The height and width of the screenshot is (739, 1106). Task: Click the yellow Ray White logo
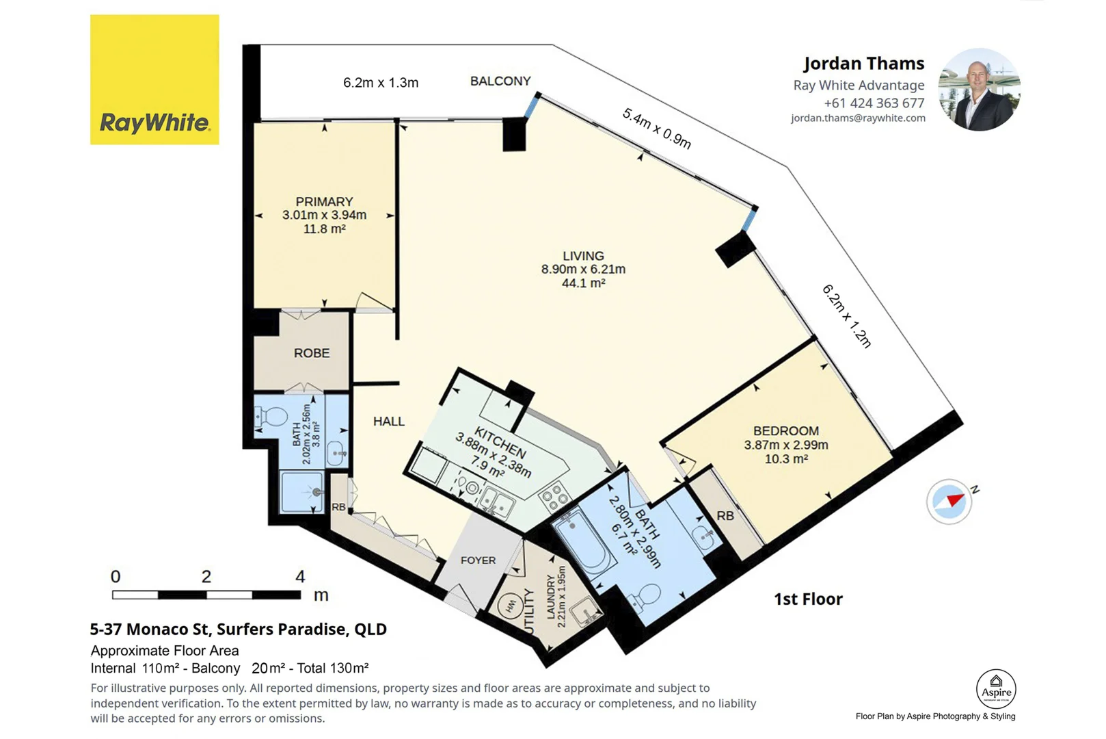click(x=154, y=79)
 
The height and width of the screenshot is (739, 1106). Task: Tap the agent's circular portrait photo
click(x=979, y=90)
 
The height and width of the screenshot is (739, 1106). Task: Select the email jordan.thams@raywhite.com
click(x=858, y=118)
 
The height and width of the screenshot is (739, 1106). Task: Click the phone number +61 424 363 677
click(x=874, y=103)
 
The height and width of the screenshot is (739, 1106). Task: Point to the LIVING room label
click(x=583, y=256)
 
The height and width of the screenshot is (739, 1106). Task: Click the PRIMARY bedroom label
click(x=325, y=202)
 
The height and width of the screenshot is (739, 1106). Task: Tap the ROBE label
click(x=312, y=353)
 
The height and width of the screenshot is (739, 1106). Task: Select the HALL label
click(x=389, y=421)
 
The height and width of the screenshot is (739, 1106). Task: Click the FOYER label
click(x=478, y=560)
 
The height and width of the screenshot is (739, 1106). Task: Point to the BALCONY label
click(x=500, y=81)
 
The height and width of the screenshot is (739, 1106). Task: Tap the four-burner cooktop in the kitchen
click(x=555, y=496)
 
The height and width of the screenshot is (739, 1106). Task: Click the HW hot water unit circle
click(x=510, y=606)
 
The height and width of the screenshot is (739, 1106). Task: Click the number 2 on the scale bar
click(x=206, y=576)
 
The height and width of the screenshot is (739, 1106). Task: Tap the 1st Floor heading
click(x=808, y=599)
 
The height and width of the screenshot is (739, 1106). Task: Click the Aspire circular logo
click(x=996, y=689)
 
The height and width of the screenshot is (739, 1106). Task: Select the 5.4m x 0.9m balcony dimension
click(x=657, y=129)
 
